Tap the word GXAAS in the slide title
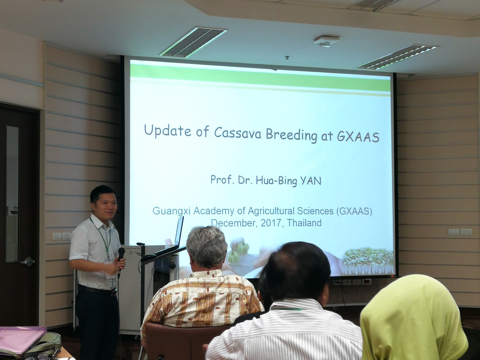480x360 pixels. pyautogui.click(x=358, y=137)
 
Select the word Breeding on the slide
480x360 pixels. pyautogui.click(x=291, y=135)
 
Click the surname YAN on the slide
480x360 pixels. pyautogui.click(x=311, y=181)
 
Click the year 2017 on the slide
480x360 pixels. pyautogui.click(x=271, y=223)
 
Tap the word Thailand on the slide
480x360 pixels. pyautogui.click(x=304, y=223)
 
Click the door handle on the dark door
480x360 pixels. pyautogui.click(x=28, y=262)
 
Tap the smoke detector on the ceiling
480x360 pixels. pyautogui.click(x=326, y=41)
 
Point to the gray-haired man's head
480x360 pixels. pyautogui.click(x=206, y=247)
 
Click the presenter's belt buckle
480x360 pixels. pyautogui.click(x=114, y=293)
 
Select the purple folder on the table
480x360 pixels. pyautogui.click(x=21, y=340)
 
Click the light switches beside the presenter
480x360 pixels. pyautogui.click(x=61, y=236)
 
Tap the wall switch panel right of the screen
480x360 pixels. pyautogui.click(x=460, y=232)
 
